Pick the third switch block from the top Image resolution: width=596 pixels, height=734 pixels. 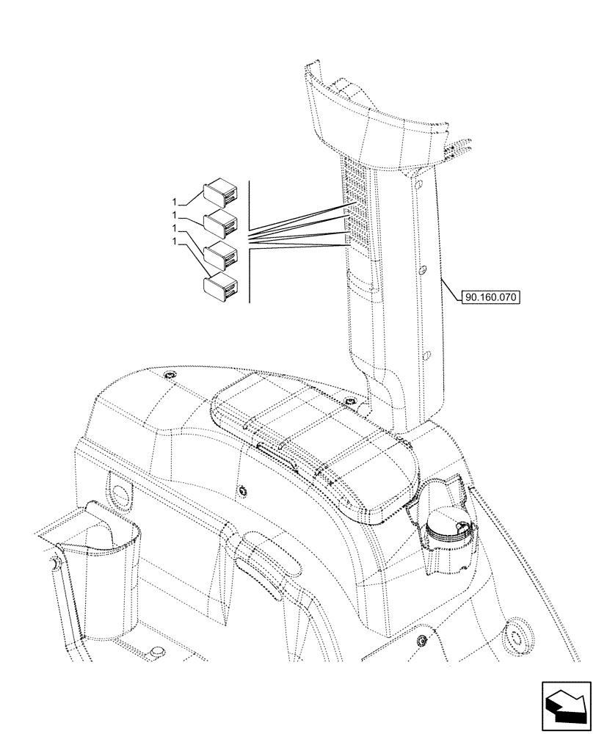tap(220, 252)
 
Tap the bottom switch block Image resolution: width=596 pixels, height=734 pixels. tap(219, 286)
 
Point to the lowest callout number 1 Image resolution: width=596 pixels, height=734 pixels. tap(174, 241)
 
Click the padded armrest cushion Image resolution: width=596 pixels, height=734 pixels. tap(316, 448)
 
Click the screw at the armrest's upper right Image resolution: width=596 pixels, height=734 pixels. tap(350, 402)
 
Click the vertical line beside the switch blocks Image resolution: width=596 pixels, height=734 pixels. tap(250, 242)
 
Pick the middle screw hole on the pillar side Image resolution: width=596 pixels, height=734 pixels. tap(422, 272)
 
